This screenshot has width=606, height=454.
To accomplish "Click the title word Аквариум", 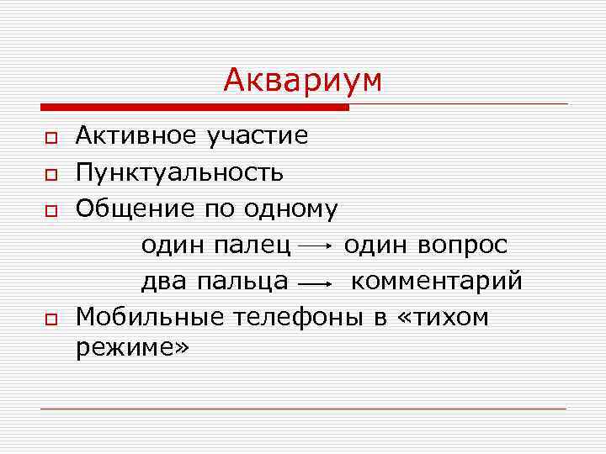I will [x=302, y=81].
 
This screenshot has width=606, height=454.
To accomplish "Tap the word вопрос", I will [x=465, y=245].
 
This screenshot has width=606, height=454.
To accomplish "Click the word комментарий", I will [x=436, y=282].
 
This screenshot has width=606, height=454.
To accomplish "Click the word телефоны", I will [x=279, y=318].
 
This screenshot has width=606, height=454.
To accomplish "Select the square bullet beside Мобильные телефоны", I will [x=50, y=319].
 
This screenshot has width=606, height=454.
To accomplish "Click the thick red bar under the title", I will [x=194, y=108].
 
